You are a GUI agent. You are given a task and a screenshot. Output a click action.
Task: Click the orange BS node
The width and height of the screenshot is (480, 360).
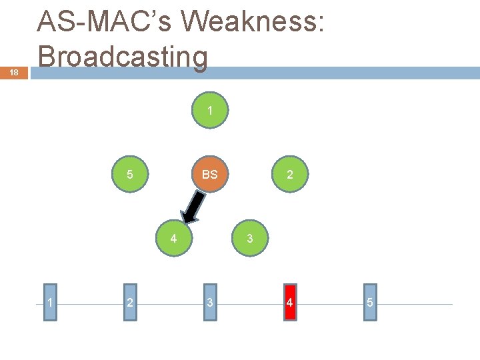[210, 175]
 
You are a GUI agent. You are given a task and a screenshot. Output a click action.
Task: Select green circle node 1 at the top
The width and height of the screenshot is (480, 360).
[210, 111]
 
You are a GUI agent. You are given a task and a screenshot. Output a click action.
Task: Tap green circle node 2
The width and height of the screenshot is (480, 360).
[289, 175]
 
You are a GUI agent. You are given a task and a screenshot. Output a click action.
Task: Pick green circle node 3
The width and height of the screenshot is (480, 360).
[249, 238]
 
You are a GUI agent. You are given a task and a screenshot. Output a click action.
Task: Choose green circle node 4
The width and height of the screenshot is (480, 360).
[173, 238]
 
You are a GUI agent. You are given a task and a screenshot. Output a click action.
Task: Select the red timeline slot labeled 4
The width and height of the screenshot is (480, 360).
[289, 303]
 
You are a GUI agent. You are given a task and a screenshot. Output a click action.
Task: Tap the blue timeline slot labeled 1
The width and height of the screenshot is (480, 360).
[50, 303]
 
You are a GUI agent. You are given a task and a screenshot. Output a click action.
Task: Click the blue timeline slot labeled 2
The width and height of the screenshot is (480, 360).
[129, 303]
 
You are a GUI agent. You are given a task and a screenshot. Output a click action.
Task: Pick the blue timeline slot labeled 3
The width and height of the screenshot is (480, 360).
[210, 303]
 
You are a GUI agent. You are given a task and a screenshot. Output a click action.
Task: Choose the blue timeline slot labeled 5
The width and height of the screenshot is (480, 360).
[370, 303]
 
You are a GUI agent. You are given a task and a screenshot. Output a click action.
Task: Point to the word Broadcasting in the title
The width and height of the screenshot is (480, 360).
[123, 57]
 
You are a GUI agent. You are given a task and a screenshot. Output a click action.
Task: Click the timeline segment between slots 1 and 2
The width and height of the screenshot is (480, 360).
[90, 305]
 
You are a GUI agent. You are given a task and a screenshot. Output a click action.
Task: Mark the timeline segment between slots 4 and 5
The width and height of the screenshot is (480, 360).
[330, 305]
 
